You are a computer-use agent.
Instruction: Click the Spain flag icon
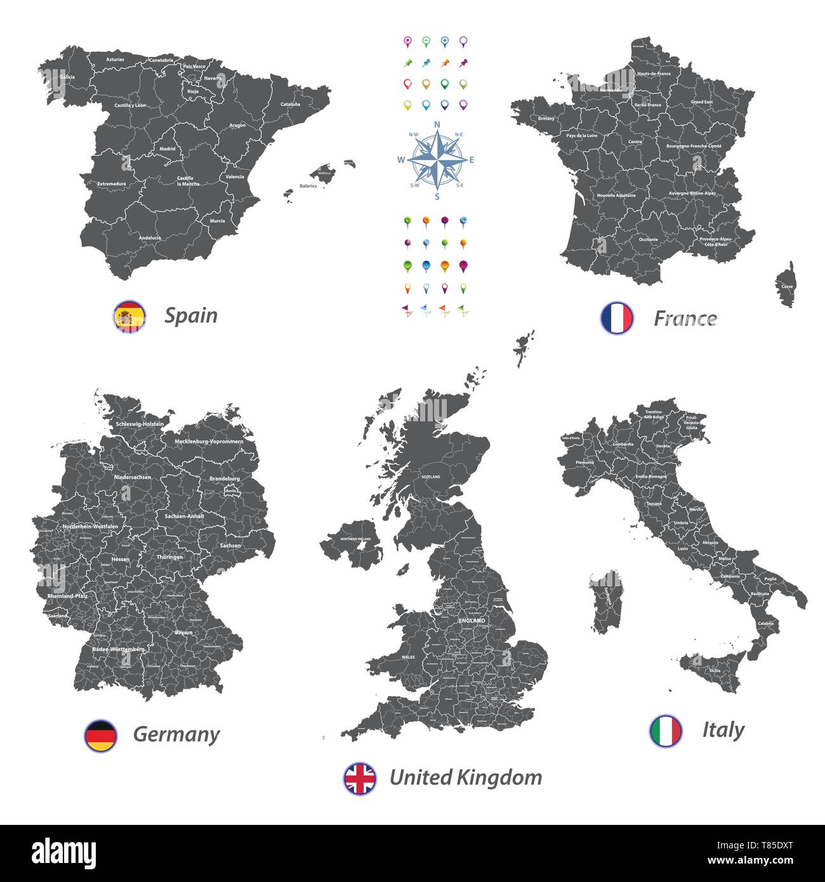click(x=129, y=317)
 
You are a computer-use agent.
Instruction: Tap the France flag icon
click(x=617, y=318)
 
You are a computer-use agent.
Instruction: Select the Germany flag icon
click(x=100, y=735)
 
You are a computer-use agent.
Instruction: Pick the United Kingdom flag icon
click(x=360, y=779)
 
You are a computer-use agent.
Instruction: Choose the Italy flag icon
click(x=666, y=730)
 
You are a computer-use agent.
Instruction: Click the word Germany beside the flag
click(x=176, y=735)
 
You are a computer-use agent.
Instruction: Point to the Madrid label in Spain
click(x=168, y=149)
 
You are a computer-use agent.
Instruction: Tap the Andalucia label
click(x=150, y=238)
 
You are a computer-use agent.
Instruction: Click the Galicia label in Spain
click(x=67, y=77)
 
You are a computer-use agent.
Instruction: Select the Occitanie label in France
click(x=648, y=239)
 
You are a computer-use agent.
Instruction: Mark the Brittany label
click(x=546, y=119)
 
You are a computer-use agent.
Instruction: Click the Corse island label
click(x=787, y=287)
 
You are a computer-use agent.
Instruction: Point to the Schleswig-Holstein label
click(x=140, y=424)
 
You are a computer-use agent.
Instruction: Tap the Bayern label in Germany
click(x=183, y=633)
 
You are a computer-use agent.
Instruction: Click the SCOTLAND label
click(x=430, y=477)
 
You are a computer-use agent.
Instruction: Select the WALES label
click(x=408, y=657)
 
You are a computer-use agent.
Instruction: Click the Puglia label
click(x=770, y=579)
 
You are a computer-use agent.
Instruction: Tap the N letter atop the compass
click(x=437, y=124)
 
